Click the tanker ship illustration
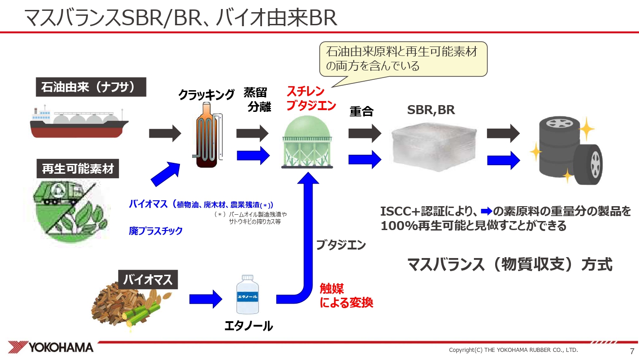(79, 122)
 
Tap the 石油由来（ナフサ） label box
(92, 87)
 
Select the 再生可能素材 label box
(78, 170)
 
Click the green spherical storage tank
(306, 141)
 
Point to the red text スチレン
(305, 92)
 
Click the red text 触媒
(331, 289)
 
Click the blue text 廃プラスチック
(156, 231)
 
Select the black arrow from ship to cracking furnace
(165, 133)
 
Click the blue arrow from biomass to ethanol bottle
(206, 298)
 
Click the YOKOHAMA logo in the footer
(51, 347)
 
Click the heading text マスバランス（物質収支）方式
(510, 264)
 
